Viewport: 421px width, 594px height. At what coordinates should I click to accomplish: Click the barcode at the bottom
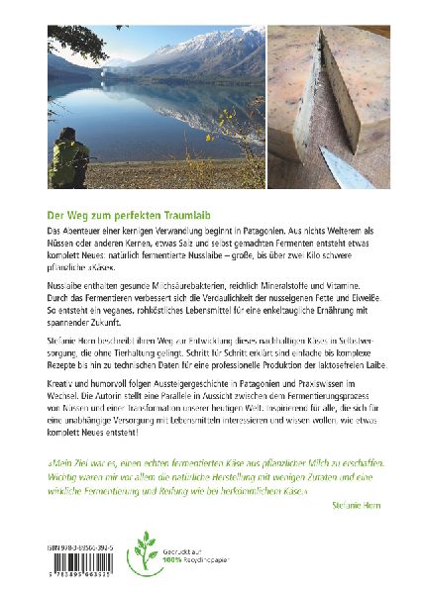point(82,563)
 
